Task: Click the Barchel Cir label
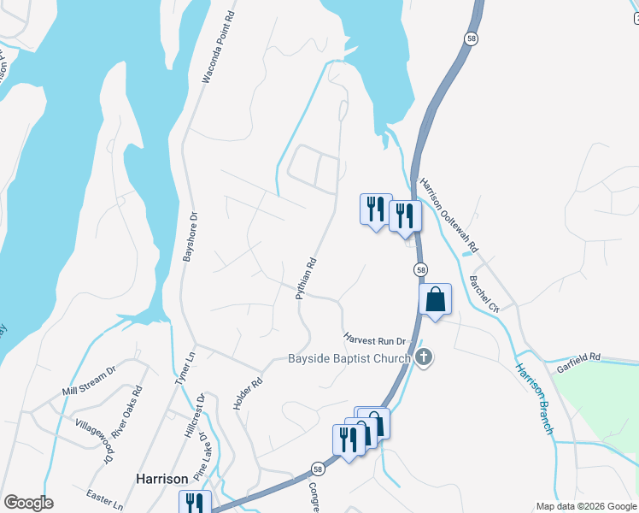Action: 484,290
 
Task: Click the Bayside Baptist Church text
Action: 349,359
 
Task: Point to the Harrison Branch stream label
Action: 534,398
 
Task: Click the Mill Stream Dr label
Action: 89,383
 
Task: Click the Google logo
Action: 28,503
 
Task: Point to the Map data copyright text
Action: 585,506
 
